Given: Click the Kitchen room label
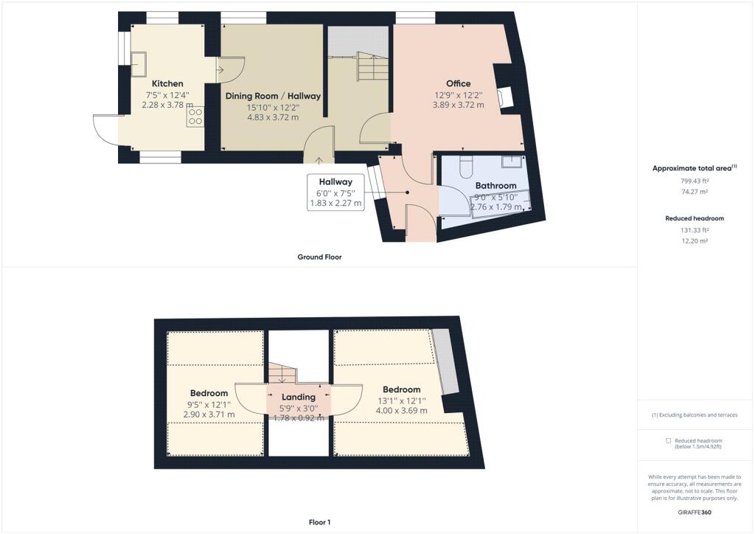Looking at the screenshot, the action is pos(167,84).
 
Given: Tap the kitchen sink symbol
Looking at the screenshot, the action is pos(139,64).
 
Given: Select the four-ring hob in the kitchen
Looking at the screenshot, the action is pos(195,117).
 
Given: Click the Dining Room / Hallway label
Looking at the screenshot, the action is pos(273,97).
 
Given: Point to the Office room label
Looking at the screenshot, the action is pos(459,84).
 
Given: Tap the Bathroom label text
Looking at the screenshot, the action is pos(496,186).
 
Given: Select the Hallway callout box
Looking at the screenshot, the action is pos(335,192).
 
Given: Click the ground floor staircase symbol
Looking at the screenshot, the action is pos(372,67).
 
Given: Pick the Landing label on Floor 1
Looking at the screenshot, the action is pos(299,398).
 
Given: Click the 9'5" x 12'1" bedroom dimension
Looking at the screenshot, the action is pos(209,405).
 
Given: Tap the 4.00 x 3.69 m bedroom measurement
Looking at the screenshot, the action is pos(402,411).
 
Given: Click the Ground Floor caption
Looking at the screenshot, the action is pos(319,257).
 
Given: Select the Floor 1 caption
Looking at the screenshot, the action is pos(320,522).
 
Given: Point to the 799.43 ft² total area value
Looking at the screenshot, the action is pos(695,181).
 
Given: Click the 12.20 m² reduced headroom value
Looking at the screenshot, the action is pos(695,240).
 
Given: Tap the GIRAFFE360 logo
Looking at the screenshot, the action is pos(695,513).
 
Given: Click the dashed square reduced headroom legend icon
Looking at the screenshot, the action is pos(668,440).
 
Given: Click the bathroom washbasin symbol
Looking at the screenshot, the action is pos(512,162).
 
